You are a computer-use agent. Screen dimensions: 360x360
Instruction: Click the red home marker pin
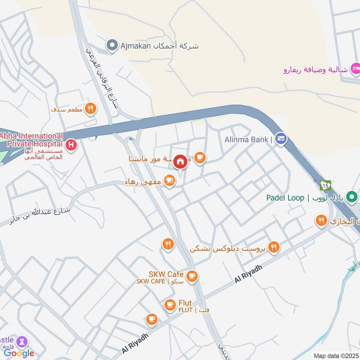pyautogui.click(x=180, y=162)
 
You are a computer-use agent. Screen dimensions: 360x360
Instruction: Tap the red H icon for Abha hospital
pyautogui.click(x=71, y=145)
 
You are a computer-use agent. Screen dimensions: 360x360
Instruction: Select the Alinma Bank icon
pyautogui.click(x=281, y=139)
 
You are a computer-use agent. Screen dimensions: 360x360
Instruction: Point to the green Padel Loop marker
pyautogui.click(x=353, y=197)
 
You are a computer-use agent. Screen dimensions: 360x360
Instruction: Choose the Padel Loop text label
pyautogui.click(x=285, y=198)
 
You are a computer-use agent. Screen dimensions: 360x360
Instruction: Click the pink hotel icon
pyautogui.click(x=355, y=69)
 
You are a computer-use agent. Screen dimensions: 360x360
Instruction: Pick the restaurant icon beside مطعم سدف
pyautogui.click(x=90, y=108)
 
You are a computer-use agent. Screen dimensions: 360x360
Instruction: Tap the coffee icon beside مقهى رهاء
pyautogui.click(x=169, y=181)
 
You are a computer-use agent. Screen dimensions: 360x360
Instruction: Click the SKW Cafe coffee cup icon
pyautogui.click(x=192, y=276)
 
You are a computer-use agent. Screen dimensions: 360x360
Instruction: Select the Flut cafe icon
pyautogui.click(x=170, y=305)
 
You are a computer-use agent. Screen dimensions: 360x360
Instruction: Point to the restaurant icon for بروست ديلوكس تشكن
pyautogui.click(x=273, y=247)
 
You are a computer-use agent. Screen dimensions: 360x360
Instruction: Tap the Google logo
pyautogui.click(x=19, y=353)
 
